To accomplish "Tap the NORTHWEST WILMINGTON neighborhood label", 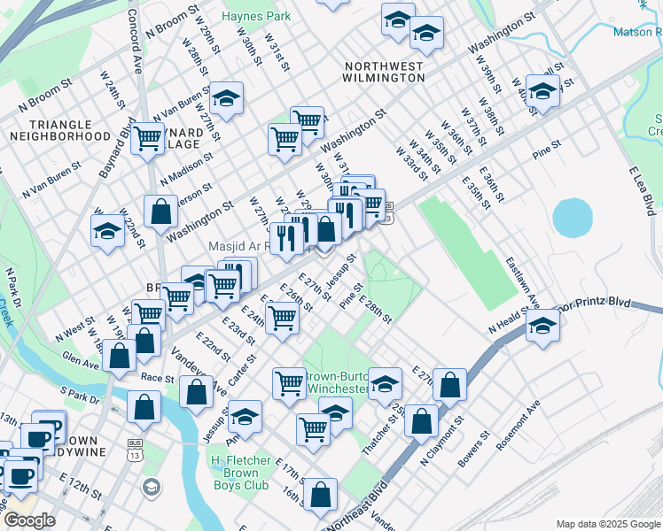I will (x=384, y=72).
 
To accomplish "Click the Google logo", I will (x=29, y=520).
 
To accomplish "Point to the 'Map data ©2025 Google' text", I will (x=607, y=524).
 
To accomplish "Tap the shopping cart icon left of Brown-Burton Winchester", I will (x=289, y=383).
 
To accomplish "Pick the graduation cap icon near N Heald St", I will (x=542, y=328).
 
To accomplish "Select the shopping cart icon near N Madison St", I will (x=148, y=138).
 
